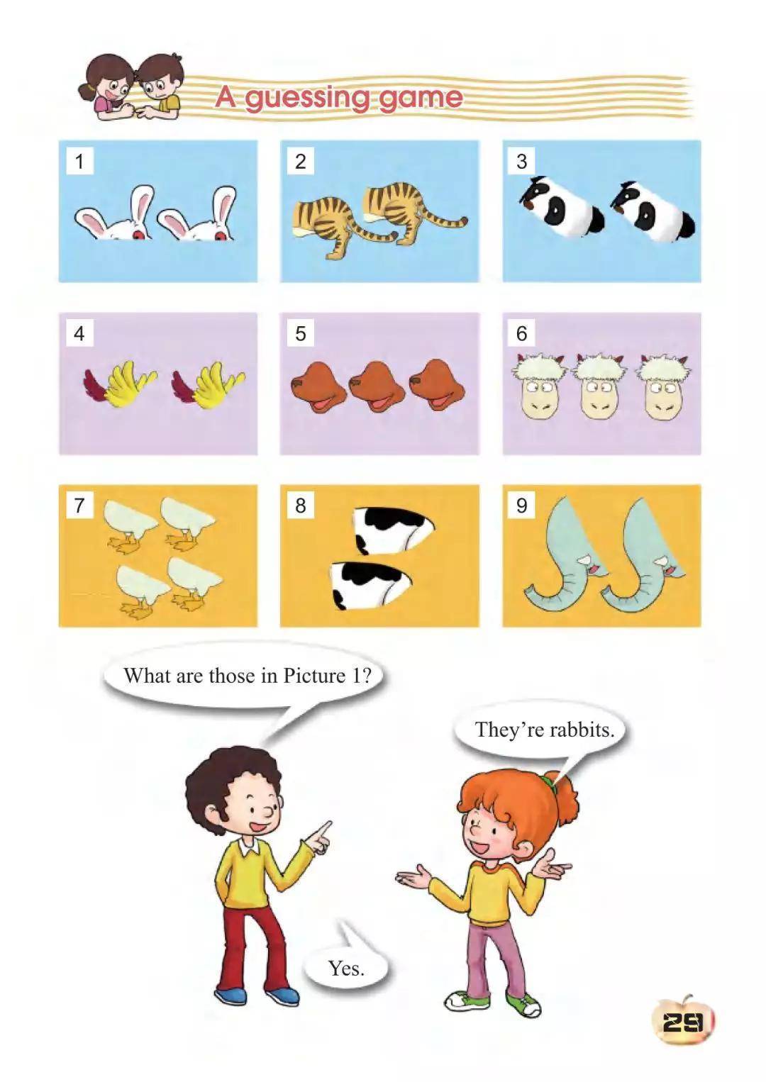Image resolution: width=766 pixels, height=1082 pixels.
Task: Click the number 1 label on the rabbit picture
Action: [79, 161]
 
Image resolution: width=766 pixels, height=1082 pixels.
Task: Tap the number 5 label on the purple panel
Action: [301, 333]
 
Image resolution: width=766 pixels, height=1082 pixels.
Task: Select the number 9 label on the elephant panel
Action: [521, 506]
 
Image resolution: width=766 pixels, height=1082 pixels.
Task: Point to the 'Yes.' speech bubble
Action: [346, 968]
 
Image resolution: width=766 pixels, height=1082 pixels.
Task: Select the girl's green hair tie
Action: [549, 779]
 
